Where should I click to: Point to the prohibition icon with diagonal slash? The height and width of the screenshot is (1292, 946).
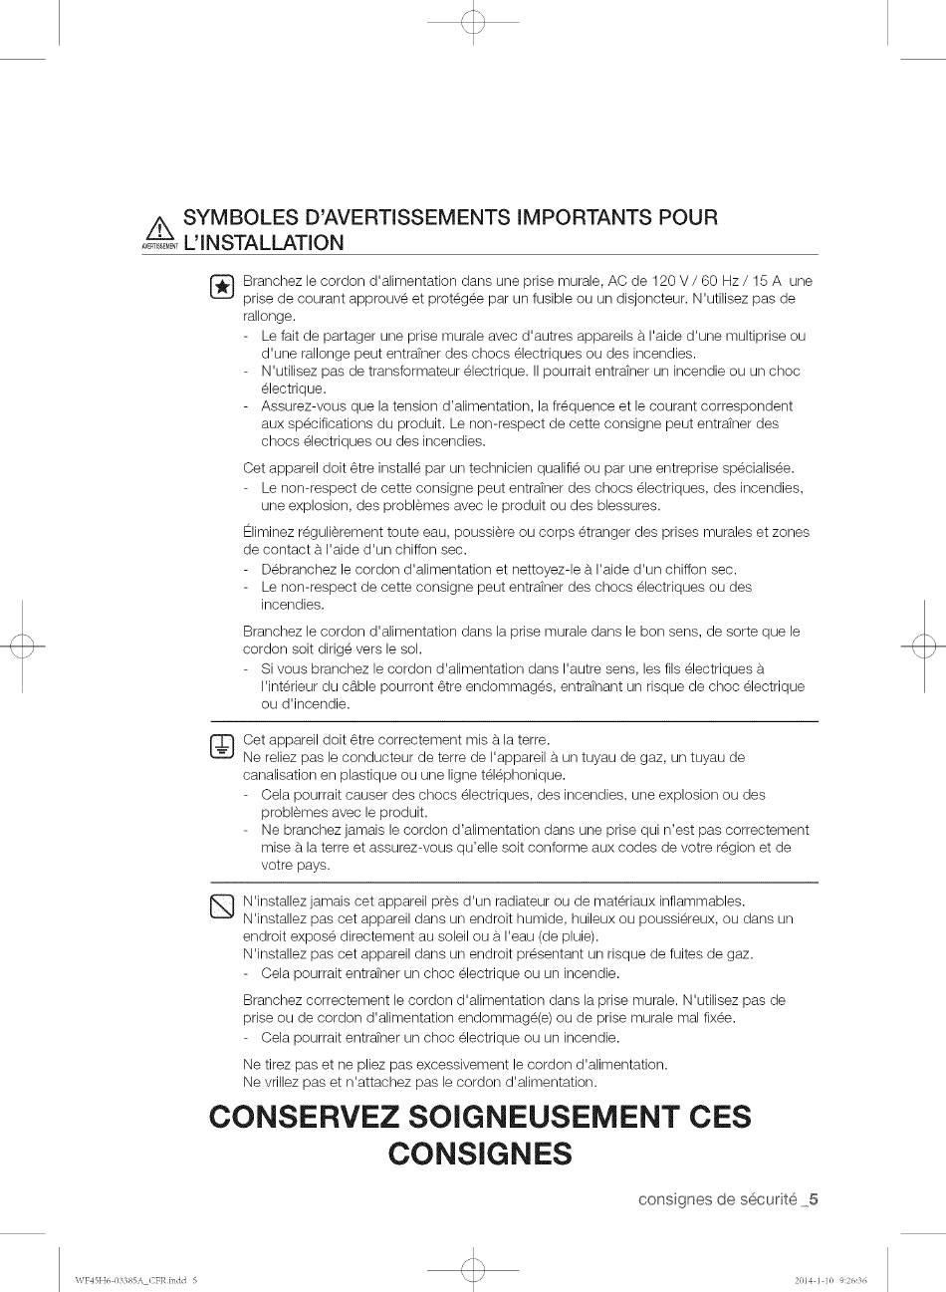click(223, 907)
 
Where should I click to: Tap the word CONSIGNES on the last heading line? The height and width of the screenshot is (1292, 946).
click(479, 1154)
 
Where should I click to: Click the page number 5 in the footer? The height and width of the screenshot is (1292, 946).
click(814, 1199)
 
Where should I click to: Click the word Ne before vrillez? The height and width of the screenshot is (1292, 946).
click(252, 1082)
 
